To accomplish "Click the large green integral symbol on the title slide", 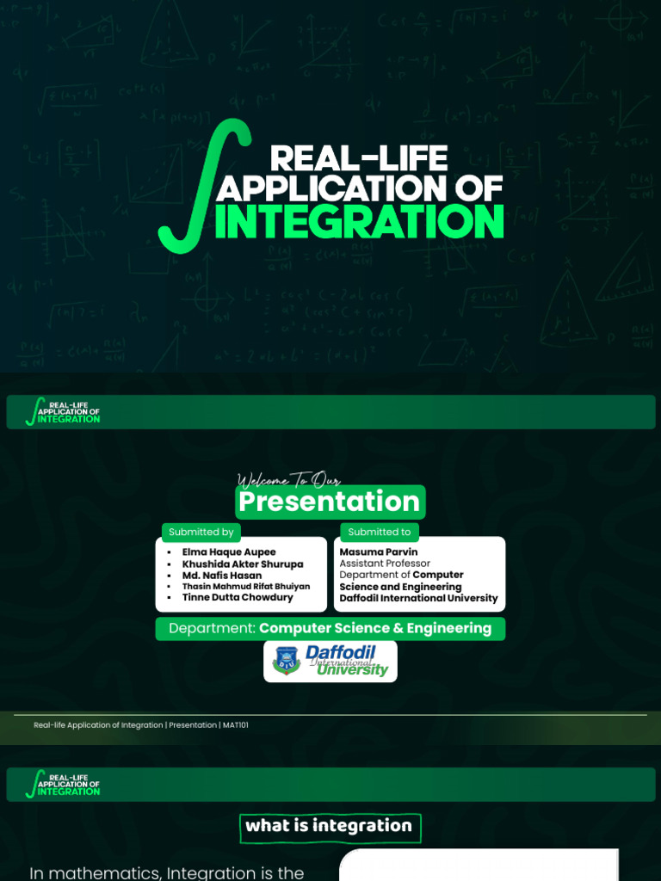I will click(204, 186).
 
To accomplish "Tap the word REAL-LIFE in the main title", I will click(359, 158).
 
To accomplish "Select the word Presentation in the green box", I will click(330, 501).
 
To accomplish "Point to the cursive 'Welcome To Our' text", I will click(288, 480).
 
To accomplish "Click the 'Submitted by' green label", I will click(201, 532).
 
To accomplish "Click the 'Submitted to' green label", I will click(380, 532).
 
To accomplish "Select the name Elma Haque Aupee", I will click(229, 552).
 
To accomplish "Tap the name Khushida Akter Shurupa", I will click(243, 564).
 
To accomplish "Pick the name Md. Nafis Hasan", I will click(222, 576).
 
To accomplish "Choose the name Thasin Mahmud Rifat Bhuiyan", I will click(246, 587).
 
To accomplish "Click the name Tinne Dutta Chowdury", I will click(238, 597).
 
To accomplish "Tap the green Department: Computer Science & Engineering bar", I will click(330, 628).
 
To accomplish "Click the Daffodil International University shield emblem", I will click(287, 661).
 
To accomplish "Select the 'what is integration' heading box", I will click(330, 827).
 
